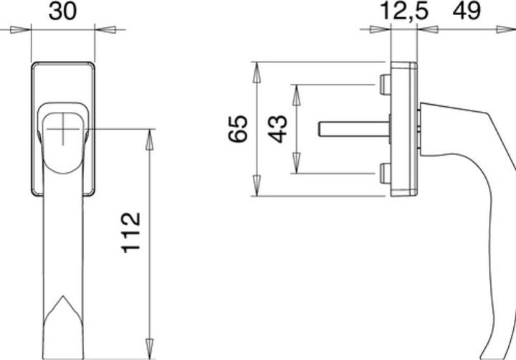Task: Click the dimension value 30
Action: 63,12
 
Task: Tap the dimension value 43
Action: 278,128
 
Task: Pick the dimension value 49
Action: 469,12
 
